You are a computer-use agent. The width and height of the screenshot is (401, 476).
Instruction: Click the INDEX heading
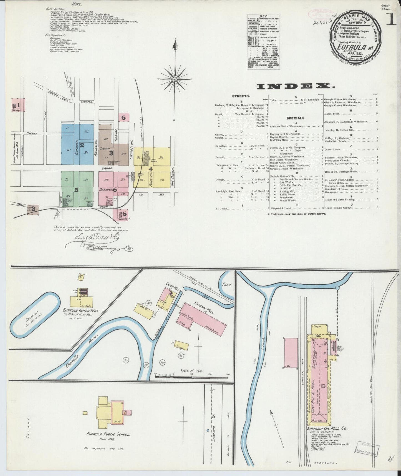point(296,87)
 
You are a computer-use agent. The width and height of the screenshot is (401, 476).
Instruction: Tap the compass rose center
point(175,79)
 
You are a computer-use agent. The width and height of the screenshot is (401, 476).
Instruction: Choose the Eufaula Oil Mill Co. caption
point(325,428)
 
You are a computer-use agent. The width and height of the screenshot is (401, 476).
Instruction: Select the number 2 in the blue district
point(82,145)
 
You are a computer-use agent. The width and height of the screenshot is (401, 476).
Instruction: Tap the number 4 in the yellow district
point(150,169)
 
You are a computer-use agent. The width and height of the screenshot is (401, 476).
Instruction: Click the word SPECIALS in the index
point(296,118)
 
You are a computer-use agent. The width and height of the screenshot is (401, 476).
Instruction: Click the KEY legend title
point(263,16)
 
